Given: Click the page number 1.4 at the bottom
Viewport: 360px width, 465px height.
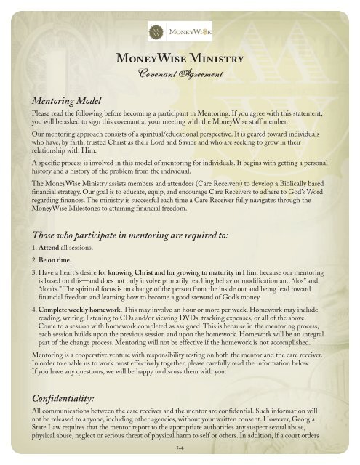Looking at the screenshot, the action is [180, 453].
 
